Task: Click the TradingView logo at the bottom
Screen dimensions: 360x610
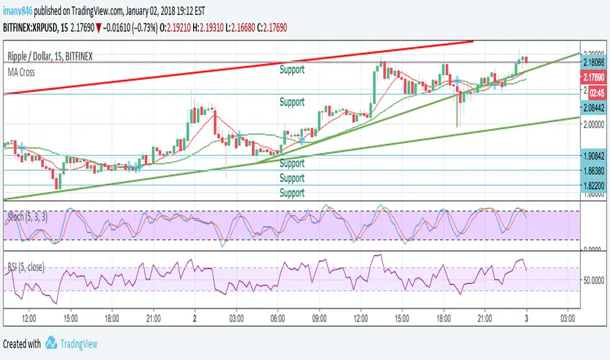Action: click(x=71, y=344)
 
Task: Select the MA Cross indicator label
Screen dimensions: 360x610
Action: click(x=22, y=72)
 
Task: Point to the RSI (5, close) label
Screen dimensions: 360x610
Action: click(x=26, y=268)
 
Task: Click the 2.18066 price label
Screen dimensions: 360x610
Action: click(x=594, y=62)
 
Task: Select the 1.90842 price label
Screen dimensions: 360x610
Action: click(x=594, y=155)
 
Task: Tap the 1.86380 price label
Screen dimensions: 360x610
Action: click(x=594, y=170)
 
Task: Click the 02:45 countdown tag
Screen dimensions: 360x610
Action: click(x=594, y=93)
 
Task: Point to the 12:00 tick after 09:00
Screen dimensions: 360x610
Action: click(x=361, y=318)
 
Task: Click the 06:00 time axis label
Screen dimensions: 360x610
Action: click(x=278, y=318)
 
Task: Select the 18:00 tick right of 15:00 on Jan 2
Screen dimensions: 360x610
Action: click(x=444, y=318)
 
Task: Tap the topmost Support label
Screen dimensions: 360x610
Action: click(x=292, y=69)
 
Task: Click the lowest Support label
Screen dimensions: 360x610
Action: click(x=292, y=192)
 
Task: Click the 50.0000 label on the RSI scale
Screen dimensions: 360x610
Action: click(x=594, y=280)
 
